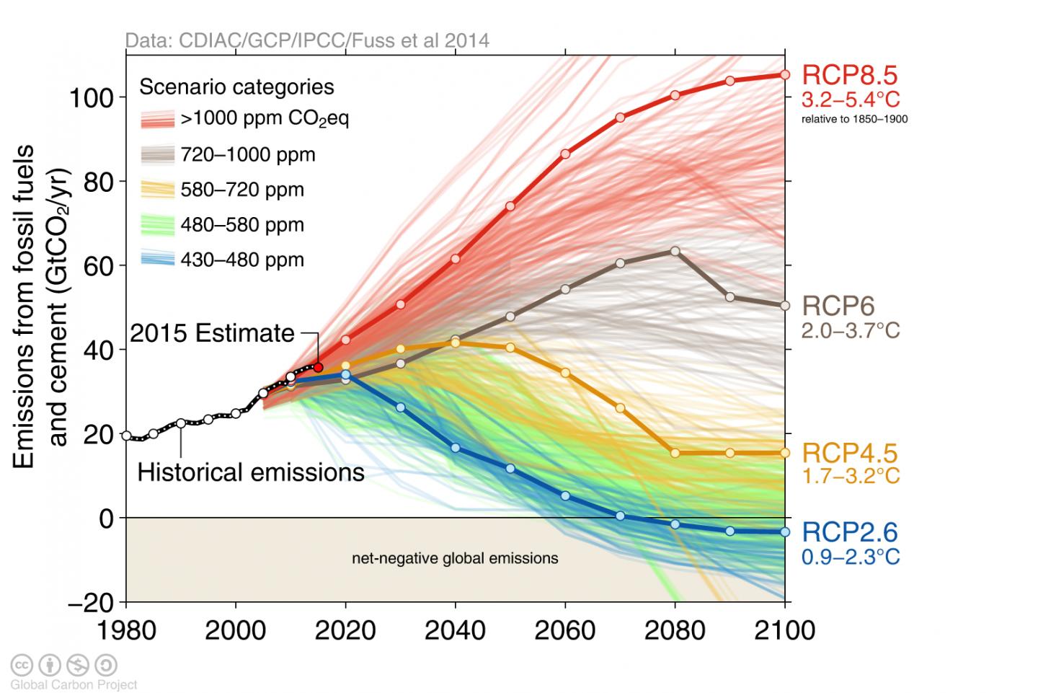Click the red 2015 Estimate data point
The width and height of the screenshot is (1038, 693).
pos(317,367)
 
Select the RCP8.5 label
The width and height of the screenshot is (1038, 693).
pos(840,75)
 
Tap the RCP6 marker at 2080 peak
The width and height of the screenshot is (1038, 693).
pos(675,251)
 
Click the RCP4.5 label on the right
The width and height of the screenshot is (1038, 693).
pos(840,453)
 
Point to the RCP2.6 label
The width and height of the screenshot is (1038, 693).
pos(840,532)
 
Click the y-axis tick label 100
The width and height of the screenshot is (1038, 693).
pos(91,97)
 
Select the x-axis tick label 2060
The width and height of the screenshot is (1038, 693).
pos(564,630)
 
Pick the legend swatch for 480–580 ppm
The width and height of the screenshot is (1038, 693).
pos(157,225)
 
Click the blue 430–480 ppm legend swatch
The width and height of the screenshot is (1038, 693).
pos(157,260)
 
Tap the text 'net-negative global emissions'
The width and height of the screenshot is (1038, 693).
pos(455,558)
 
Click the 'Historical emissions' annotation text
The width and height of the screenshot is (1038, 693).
pos(250,472)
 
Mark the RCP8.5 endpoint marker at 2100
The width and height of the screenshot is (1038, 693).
pos(785,74)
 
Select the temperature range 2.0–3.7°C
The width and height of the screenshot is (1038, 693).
pos(851,330)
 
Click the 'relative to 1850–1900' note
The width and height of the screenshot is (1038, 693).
pos(854,119)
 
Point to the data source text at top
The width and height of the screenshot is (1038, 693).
pos(307,40)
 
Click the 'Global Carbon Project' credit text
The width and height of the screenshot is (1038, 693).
pos(74,684)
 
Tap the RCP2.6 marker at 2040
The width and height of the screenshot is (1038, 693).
pos(456,448)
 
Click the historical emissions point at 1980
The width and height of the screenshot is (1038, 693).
pos(127,436)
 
